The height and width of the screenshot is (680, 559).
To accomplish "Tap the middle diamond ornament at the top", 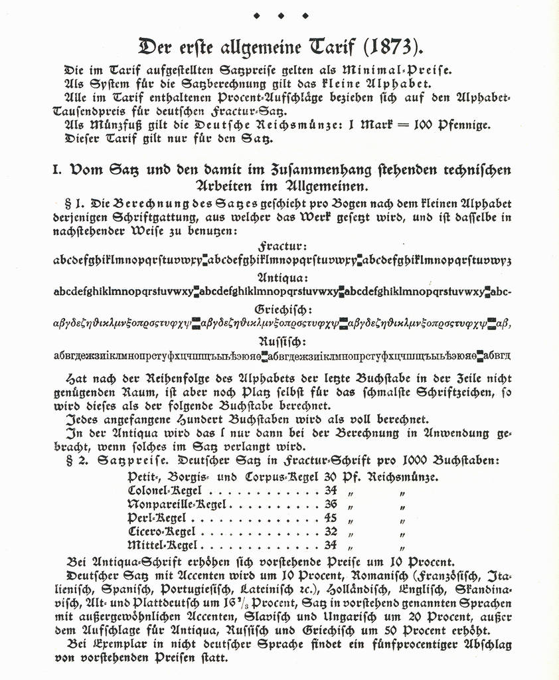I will click(280, 15).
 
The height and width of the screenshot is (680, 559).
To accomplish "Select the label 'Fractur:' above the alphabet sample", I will click(281, 246).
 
